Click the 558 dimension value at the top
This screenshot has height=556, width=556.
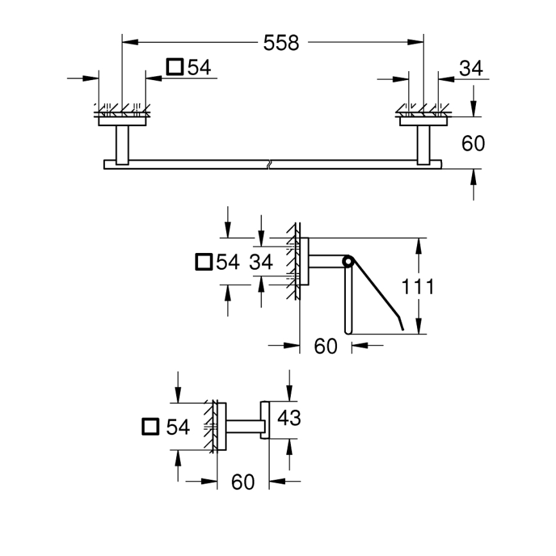pos(281,43)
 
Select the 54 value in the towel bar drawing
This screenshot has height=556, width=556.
pos(199,67)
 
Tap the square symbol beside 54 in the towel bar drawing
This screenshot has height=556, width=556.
pos(174,67)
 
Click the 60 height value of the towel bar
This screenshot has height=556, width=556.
pos(473,143)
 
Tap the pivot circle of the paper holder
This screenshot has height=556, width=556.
pos(347,261)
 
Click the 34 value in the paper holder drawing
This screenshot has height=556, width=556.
pos(261,261)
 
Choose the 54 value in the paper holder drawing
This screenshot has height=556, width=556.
pos(227,261)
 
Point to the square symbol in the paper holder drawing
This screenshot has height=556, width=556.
pos(203,261)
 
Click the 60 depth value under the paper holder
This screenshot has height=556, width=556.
pos(325,347)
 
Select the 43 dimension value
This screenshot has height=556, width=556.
pos(289,418)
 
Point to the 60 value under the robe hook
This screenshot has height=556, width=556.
pos(243,481)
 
